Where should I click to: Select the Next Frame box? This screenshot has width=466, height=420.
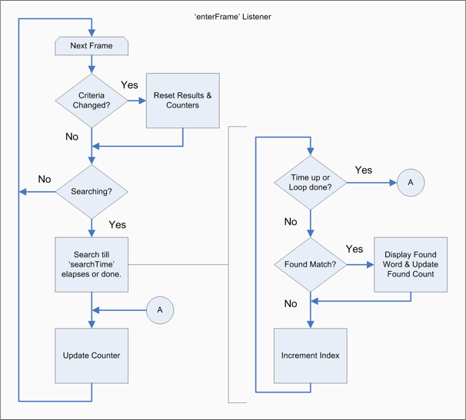[x=92, y=46]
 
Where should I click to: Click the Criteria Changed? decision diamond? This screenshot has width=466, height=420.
[x=92, y=101]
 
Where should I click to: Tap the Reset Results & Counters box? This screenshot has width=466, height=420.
[x=182, y=101]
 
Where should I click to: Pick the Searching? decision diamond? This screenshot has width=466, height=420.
[x=92, y=191]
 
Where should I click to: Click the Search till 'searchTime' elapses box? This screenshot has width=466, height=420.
[x=92, y=265]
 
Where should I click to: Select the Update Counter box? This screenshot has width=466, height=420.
[x=92, y=356]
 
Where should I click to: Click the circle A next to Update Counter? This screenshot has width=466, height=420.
[x=160, y=310]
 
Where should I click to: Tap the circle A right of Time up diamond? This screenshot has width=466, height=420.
[x=410, y=183]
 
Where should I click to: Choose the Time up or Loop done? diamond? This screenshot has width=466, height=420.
[x=310, y=183]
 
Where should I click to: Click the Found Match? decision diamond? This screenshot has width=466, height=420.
[x=310, y=265]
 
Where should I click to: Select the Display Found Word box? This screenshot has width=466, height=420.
[x=411, y=265]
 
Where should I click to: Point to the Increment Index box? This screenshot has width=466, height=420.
[x=311, y=356]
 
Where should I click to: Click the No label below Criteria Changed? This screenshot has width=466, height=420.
[x=72, y=137]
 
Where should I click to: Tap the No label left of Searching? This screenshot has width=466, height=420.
[x=45, y=179]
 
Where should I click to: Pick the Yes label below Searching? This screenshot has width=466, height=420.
[x=118, y=225]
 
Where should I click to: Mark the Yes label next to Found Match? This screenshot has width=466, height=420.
[x=354, y=249]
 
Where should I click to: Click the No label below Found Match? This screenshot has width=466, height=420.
[x=290, y=303]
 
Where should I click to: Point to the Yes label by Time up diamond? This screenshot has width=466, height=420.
[x=363, y=169]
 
